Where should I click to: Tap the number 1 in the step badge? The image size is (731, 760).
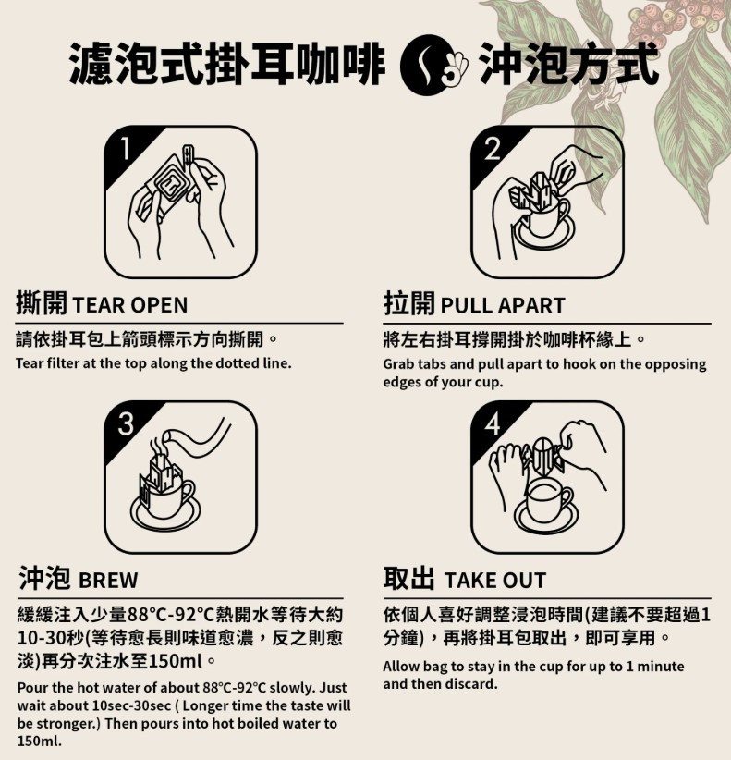click(x=125, y=148)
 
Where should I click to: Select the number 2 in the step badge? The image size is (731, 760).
click(x=493, y=148)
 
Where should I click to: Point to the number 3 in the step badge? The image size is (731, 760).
click(x=126, y=423)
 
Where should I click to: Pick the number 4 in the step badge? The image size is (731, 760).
click(x=493, y=423)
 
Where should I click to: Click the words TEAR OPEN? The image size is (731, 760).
click(x=129, y=305)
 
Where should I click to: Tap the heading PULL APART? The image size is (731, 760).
click(x=503, y=305)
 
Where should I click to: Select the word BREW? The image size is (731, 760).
click(x=108, y=581)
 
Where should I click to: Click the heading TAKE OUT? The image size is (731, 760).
click(x=495, y=581)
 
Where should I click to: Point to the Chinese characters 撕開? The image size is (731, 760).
click(x=42, y=303)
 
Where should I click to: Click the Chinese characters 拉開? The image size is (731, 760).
click(x=408, y=303)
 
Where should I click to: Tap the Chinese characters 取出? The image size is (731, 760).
click(x=408, y=578)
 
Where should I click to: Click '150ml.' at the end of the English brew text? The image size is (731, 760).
click(x=40, y=742)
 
